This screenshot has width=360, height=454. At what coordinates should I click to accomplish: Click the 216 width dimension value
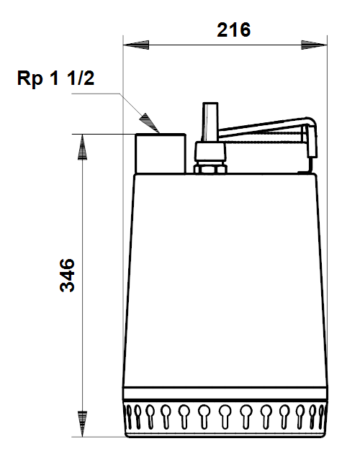[x=233, y=29]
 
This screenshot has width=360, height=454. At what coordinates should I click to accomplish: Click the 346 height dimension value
[x=67, y=275]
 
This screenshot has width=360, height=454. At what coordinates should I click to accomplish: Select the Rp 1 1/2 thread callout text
[x=55, y=78]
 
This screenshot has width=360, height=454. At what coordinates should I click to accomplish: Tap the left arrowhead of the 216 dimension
[x=136, y=45]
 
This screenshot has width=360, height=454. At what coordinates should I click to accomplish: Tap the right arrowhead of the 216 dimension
[x=314, y=45]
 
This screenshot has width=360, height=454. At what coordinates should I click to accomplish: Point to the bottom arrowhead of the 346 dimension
[x=82, y=424]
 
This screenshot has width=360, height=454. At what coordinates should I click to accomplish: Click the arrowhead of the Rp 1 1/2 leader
[x=150, y=123]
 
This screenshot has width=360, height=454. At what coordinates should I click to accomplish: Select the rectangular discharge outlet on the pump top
[x=161, y=153]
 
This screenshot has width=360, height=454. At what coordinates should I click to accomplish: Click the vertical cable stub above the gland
[x=210, y=122]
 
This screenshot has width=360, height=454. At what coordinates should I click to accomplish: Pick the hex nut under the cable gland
[x=210, y=168]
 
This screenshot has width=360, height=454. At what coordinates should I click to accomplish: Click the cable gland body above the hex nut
[x=210, y=153]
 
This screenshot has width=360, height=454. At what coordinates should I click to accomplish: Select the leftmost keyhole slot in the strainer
[x=128, y=417]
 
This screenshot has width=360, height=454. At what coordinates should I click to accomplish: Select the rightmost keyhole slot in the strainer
[x=321, y=417]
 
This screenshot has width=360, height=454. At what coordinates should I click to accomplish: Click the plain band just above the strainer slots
[x=225, y=394]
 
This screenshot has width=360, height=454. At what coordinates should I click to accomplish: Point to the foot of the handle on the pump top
[x=307, y=173]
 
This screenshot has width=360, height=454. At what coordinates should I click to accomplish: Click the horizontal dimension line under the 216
[x=225, y=45]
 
